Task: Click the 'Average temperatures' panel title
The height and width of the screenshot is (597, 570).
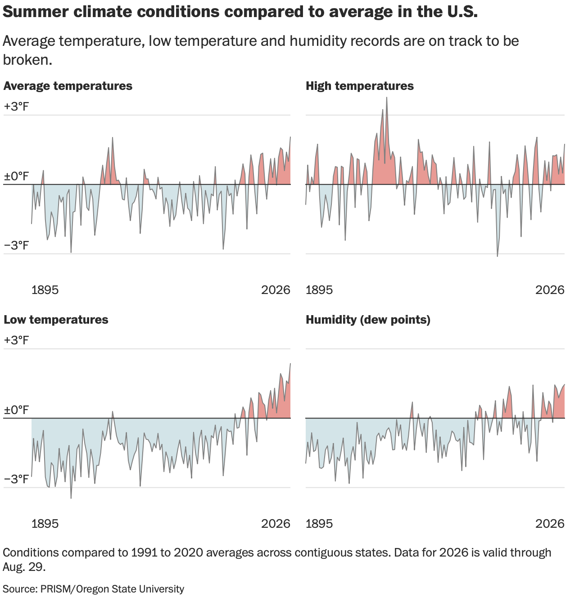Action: point(68,86)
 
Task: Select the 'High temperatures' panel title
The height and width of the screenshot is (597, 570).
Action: point(360,86)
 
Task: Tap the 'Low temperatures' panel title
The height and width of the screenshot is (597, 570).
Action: point(56,320)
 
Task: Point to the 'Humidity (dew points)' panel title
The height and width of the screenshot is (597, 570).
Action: point(368,320)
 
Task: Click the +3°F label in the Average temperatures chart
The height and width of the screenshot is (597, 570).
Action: point(16,107)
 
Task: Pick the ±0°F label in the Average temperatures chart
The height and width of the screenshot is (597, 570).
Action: point(16,176)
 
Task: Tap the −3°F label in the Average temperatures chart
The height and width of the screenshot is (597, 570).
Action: point(16,245)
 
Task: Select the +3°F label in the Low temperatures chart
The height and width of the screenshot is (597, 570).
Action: point(16,340)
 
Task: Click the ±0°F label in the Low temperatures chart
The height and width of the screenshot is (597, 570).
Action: point(16,410)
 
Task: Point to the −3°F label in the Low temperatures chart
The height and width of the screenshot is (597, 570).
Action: point(16,479)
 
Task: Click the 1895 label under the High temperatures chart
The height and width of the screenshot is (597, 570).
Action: point(319,290)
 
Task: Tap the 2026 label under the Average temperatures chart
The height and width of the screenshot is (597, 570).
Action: point(276,290)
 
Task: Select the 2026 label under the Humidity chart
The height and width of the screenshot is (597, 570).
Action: point(550,524)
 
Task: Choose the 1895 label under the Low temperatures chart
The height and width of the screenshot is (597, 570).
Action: point(45,524)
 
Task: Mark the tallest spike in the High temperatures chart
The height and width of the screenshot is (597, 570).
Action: point(387,98)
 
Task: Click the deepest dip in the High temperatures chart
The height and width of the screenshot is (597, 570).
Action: point(498,256)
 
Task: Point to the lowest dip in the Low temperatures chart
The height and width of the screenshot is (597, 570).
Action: point(71,498)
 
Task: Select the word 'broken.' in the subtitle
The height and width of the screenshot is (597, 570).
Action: point(27,60)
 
